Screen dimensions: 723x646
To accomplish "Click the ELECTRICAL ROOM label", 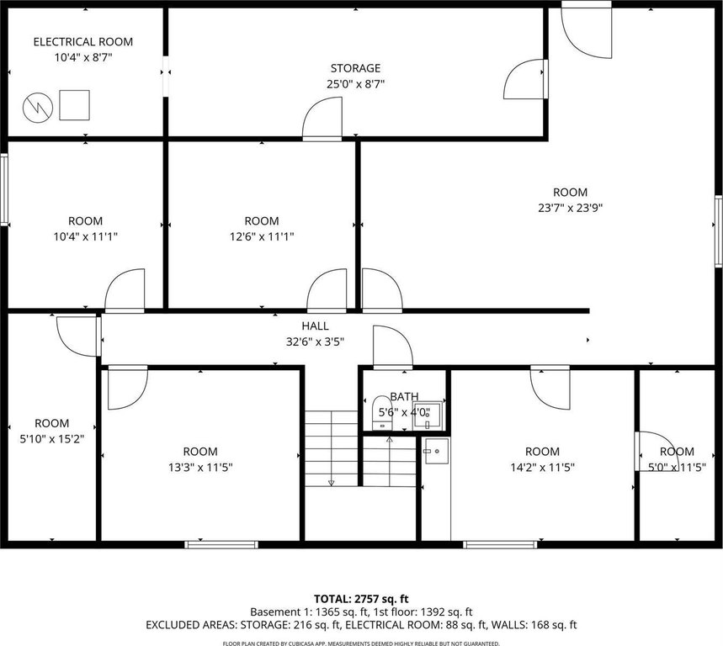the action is pyautogui.click(x=83, y=42).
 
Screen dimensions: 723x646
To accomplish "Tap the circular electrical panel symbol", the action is pyautogui.click(x=38, y=108).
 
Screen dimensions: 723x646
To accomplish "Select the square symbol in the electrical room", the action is pyautogui.click(x=74, y=105).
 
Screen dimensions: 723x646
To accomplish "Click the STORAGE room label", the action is pyautogui.click(x=355, y=68).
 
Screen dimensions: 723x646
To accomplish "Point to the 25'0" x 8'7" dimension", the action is pyautogui.click(x=355, y=84).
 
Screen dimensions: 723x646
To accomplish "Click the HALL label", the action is pyautogui.click(x=316, y=326).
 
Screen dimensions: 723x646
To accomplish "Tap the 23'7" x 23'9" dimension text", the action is pyautogui.click(x=571, y=208).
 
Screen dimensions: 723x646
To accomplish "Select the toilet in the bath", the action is pyautogui.click(x=382, y=412).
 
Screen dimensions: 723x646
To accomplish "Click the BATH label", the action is pyautogui.click(x=404, y=396).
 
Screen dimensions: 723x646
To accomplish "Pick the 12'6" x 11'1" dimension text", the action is pyautogui.click(x=262, y=236).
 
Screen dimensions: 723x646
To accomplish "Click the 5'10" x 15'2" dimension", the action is pyautogui.click(x=51, y=438).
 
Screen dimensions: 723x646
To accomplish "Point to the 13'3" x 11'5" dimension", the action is pyautogui.click(x=200, y=467).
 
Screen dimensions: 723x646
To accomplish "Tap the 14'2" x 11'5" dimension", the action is pyautogui.click(x=542, y=467).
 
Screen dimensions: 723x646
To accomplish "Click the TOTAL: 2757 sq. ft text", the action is pyautogui.click(x=361, y=599).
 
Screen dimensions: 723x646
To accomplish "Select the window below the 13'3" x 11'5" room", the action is pyautogui.click(x=221, y=544).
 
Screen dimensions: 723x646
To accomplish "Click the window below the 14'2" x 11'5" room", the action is pyautogui.click(x=500, y=544).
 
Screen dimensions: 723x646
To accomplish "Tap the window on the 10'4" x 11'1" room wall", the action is pyautogui.click(x=4, y=189).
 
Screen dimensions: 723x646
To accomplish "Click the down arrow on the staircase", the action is pyautogui.click(x=331, y=483).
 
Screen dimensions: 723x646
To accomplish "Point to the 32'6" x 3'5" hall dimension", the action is pyautogui.click(x=316, y=342).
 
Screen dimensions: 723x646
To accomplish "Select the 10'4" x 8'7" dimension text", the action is pyautogui.click(x=83, y=57).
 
